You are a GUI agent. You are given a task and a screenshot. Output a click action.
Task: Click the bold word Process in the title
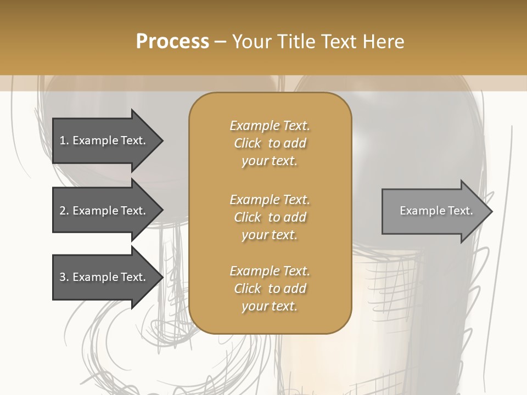(x=172, y=42)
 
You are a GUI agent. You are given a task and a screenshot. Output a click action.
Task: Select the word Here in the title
(x=384, y=42)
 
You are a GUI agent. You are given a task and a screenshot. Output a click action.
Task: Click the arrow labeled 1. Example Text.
(x=104, y=140)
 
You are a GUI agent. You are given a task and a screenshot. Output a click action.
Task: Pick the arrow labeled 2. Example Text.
(x=104, y=211)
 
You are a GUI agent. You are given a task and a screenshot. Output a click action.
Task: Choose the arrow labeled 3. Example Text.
(x=104, y=277)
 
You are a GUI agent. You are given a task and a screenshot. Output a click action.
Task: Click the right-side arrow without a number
(x=434, y=211)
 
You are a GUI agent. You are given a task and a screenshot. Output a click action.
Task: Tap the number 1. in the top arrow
(x=64, y=140)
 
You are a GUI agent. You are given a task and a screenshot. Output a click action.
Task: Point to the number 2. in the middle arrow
(x=64, y=211)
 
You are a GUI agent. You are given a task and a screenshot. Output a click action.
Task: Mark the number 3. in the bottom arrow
(x=64, y=277)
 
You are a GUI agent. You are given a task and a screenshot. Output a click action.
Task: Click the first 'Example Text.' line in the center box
(x=270, y=126)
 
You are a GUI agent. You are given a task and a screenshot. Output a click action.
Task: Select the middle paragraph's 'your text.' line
(x=270, y=235)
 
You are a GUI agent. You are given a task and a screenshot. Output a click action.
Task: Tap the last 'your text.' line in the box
(x=270, y=307)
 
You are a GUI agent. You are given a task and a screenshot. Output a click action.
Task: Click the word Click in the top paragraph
(x=248, y=144)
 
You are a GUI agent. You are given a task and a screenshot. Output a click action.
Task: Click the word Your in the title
(x=251, y=42)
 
